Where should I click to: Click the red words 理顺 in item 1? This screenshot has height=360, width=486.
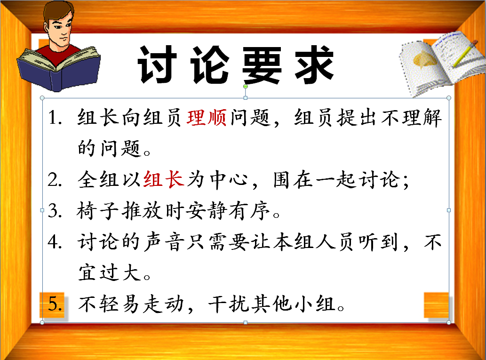207,118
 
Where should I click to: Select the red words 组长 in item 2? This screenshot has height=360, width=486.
164,180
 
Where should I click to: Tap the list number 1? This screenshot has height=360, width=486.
55,118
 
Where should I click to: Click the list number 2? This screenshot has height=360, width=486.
55,180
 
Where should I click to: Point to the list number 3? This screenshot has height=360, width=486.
55,211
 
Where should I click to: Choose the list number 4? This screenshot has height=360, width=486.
55,242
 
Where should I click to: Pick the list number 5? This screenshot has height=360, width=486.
55,304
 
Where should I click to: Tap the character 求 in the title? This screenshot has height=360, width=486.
314,64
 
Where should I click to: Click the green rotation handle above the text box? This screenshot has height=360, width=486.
246,87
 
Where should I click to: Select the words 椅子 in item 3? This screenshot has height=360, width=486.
98,211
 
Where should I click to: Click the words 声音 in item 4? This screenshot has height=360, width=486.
164,242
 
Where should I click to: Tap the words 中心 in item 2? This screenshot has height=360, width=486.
229,180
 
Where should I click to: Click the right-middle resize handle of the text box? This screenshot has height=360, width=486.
449,210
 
